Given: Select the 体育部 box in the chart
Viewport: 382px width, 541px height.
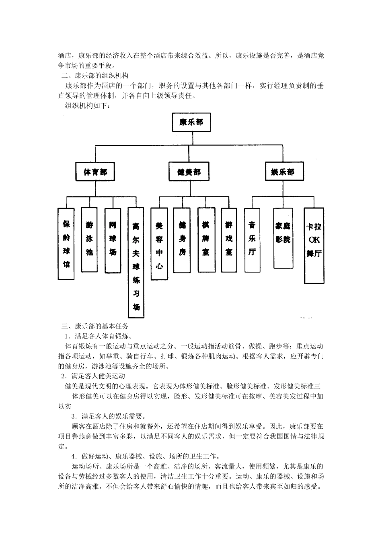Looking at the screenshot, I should (95, 172).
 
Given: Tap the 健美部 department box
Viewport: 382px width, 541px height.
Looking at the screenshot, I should (189, 172).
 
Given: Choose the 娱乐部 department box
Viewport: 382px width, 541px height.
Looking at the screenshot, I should (283, 172).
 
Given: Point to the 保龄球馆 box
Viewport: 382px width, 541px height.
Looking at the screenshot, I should (66, 244).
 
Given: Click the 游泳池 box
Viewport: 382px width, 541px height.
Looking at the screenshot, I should (89, 239).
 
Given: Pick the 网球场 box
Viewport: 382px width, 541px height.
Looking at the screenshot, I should (113, 239).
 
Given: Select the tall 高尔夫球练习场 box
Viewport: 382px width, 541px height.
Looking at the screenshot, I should (136, 262).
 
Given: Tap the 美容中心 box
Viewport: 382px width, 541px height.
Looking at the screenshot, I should (159, 244).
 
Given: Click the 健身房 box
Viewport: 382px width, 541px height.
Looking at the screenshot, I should (182, 240).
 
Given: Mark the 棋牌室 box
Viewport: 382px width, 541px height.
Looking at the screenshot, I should (205, 240).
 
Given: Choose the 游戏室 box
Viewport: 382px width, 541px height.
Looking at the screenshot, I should (229, 240).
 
